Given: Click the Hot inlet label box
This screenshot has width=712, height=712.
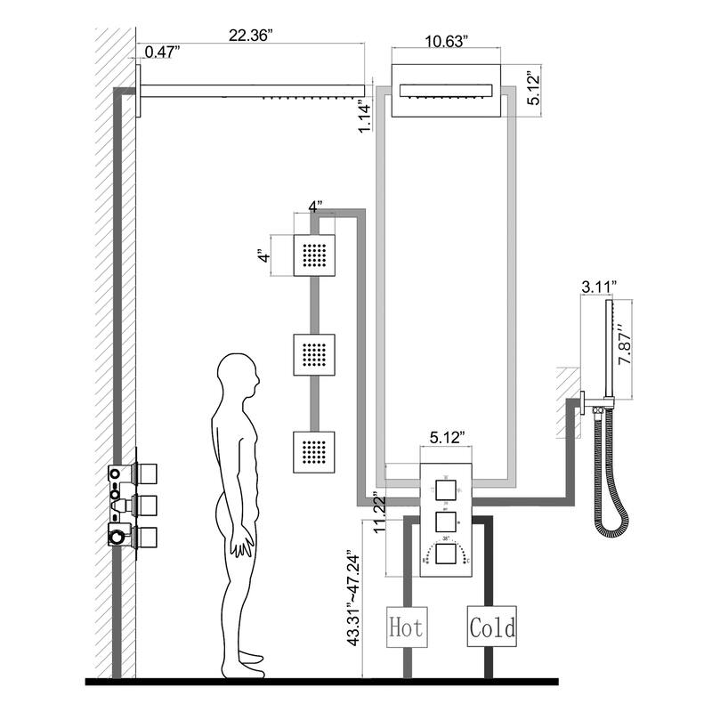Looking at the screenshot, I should pyautogui.click(x=405, y=628).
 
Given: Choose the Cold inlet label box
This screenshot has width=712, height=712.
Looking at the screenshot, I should pyautogui.click(x=491, y=628).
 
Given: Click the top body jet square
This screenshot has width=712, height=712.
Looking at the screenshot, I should pyautogui.click(x=314, y=255).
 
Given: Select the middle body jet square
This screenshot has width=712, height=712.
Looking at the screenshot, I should pyautogui.click(x=314, y=354).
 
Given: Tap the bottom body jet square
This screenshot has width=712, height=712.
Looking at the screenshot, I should pyautogui.click(x=314, y=452).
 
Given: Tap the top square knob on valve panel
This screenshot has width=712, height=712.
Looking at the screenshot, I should pyautogui.click(x=444, y=488).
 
